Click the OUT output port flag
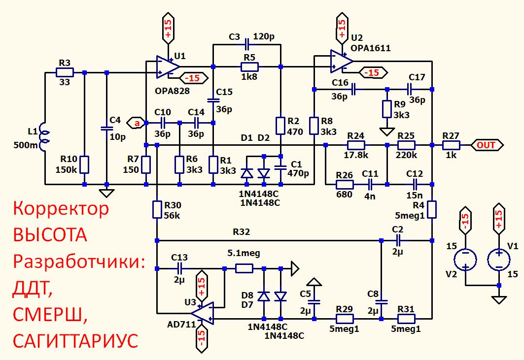point(487,145)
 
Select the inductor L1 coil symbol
point(44,137)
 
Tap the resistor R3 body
point(65,72)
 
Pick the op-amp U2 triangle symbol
point(342,61)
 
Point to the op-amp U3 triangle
point(203,313)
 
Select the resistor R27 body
point(451,145)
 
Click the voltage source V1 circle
point(498,260)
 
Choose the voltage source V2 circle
point(465,260)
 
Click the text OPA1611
point(370,48)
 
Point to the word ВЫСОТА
point(50,235)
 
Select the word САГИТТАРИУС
point(75,341)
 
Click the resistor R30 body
point(157,209)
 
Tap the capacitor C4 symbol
point(106,128)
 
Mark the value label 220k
point(406,155)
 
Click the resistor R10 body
point(84,164)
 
